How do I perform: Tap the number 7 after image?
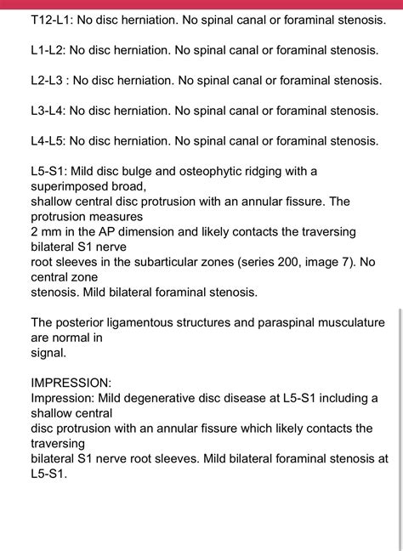[357, 263]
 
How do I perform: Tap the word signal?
[48, 352]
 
